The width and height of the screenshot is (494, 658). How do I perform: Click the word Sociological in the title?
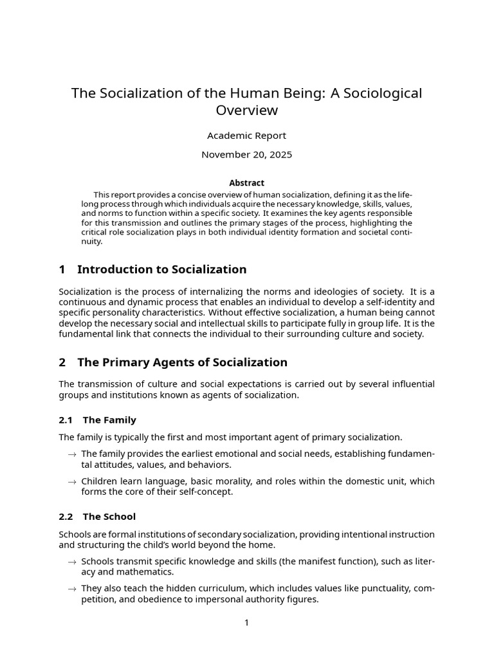tap(384, 93)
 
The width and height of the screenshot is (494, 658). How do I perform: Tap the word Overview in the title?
tap(247, 111)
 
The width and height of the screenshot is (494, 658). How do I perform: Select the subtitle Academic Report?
tap(246, 136)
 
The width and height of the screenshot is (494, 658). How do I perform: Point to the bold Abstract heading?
tap(246, 183)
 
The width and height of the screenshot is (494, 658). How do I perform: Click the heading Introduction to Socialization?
tap(161, 269)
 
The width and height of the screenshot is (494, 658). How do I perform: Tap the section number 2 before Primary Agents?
tap(62, 362)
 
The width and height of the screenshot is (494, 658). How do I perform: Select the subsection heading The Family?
tap(109, 420)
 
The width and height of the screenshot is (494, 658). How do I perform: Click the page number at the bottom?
tap(246, 623)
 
